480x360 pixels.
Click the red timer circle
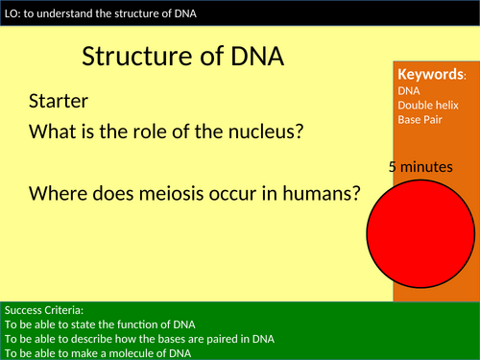point(420,228)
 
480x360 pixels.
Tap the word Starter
point(59,101)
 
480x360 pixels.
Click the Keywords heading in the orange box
point(430,75)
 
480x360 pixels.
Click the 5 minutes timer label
point(420,167)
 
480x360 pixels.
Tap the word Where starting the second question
point(60,193)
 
